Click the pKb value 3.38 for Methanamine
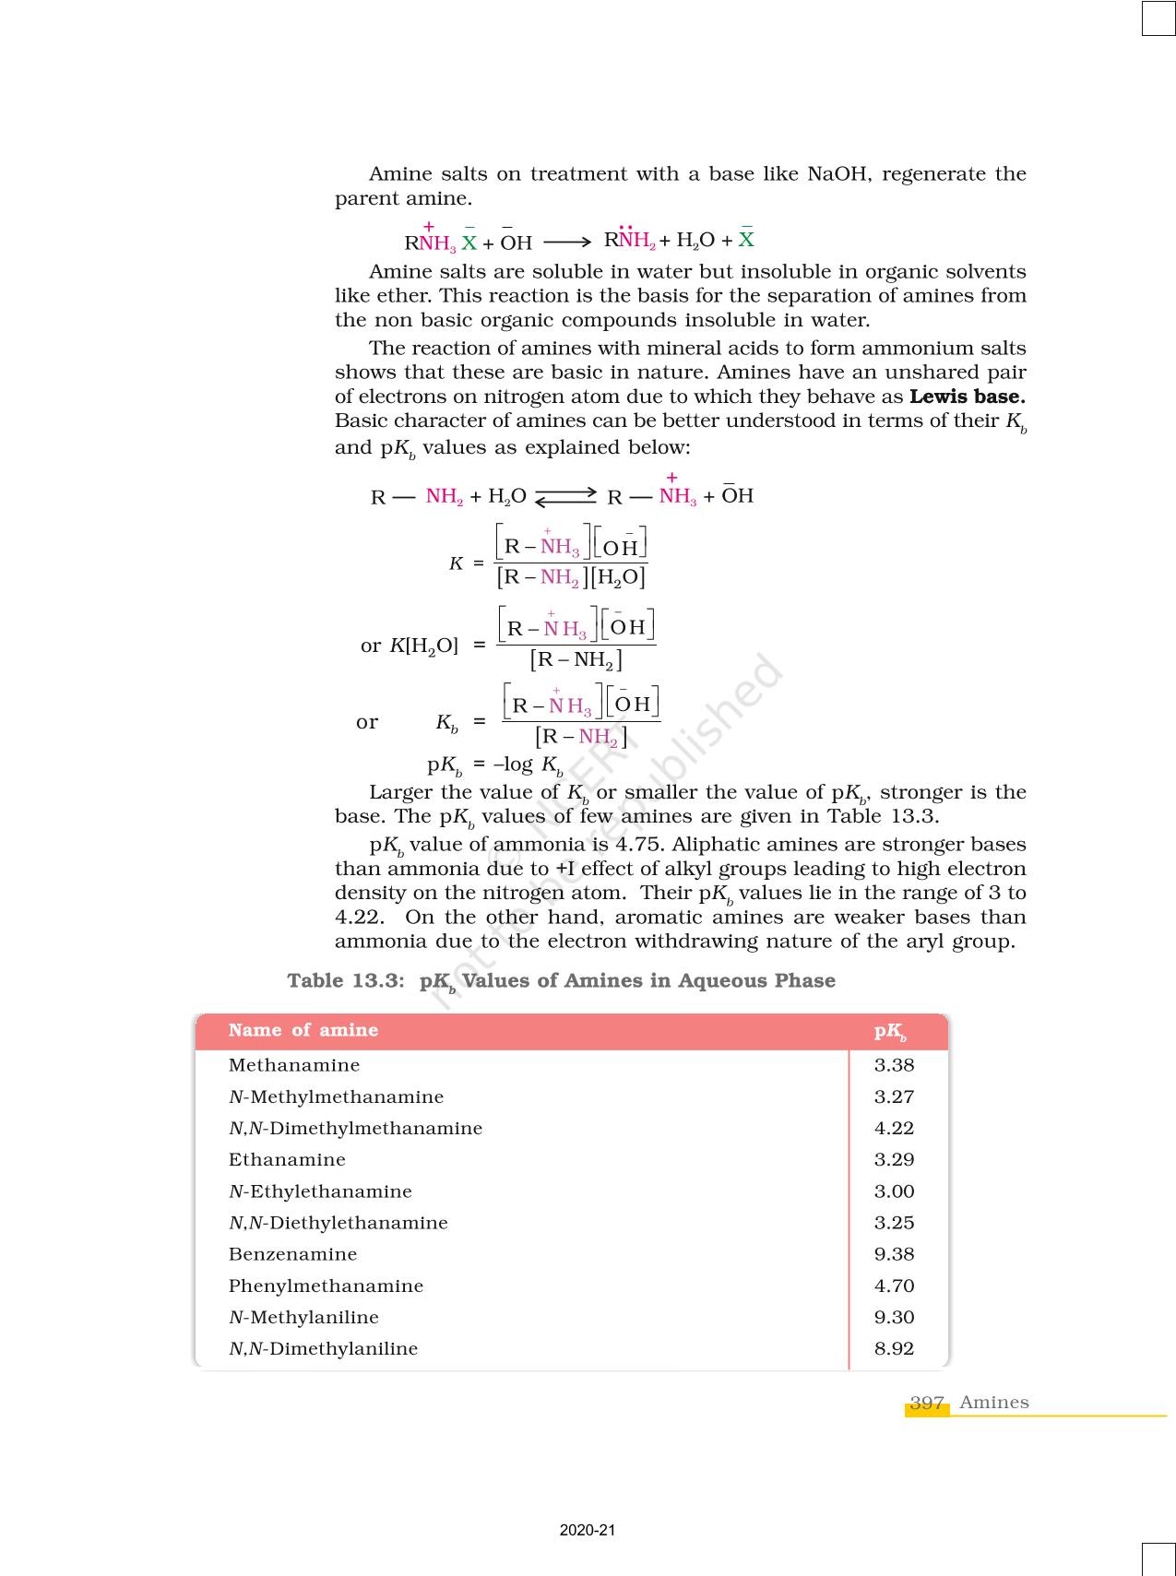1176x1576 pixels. click(x=894, y=1065)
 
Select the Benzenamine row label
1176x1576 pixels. click(x=292, y=1254)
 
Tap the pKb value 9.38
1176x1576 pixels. click(x=894, y=1254)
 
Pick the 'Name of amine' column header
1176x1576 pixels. click(x=303, y=1030)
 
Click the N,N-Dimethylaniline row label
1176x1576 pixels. click(x=323, y=1348)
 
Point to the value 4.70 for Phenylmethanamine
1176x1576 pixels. click(x=894, y=1286)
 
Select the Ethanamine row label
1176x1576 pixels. click(x=287, y=1159)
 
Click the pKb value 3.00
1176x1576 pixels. click(x=894, y=1191)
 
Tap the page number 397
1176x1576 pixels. click(x=927, y=1403)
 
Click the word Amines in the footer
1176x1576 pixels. click(x=993, y=1403)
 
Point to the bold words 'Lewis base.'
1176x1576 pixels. click(x=967, y=397)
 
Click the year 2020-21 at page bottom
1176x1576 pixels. click(x=588, y=1530)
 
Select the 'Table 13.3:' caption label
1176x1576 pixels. click(x=346, y=980)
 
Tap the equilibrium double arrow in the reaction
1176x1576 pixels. click(x=566, y=496)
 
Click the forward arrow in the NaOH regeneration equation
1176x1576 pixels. click(x=567, y=242)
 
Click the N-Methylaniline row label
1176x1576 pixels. click(x=303, y=1317)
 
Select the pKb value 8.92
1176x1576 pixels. click(x=894, y=1348)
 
